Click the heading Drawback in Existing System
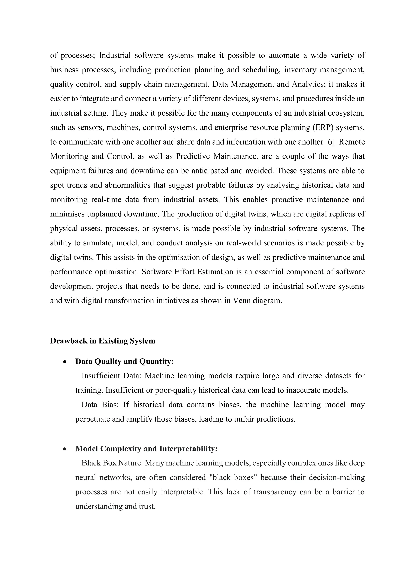103,341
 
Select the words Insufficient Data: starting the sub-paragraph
111,376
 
